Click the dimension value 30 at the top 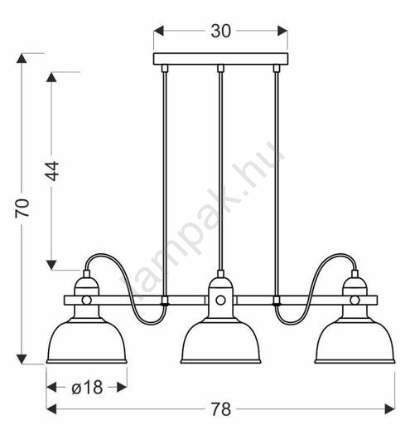pos(220,31)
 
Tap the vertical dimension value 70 pos(22,208)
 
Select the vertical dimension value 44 pos(52,171)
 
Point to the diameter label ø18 pos(87,387)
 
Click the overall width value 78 pos(221,408)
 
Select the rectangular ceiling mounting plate pos(220,59)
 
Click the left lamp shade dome pos(87,340)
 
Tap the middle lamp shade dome pos(220,340)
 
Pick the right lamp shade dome pos(355,340)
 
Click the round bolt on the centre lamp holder pos(220,301)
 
